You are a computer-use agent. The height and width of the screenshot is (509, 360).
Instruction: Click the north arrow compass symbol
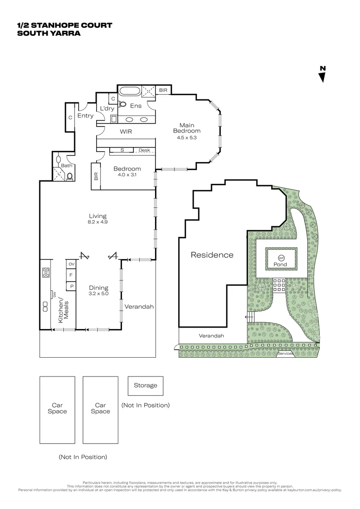coord(323,75)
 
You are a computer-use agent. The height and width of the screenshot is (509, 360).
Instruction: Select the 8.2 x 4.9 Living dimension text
coord(98,222)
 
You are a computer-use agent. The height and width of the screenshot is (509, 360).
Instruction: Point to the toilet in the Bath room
coord(70,177)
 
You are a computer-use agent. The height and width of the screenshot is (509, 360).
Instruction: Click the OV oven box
coord(71,264)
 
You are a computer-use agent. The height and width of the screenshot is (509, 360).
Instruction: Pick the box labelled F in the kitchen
coord(71,275)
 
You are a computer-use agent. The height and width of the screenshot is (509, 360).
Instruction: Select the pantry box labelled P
coord(71,286)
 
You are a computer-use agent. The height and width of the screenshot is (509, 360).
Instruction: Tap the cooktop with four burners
coord(46,272)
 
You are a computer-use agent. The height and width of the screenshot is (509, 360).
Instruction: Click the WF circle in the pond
coord(281,258)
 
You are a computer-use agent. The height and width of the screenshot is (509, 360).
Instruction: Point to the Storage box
coord(145,386)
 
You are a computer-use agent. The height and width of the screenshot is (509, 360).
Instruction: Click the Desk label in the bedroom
coord(144,150)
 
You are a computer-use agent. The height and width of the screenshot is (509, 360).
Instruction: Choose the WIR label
coord(126,132)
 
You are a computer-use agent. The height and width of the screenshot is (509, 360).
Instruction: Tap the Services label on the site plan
coord(286,353)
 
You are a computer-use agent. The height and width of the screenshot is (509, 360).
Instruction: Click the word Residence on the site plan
coord(212,255)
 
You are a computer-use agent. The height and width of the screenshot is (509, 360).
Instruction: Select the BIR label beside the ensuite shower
coord(163,90)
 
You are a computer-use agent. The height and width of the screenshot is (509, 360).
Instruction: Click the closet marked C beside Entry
coord(70,118)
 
